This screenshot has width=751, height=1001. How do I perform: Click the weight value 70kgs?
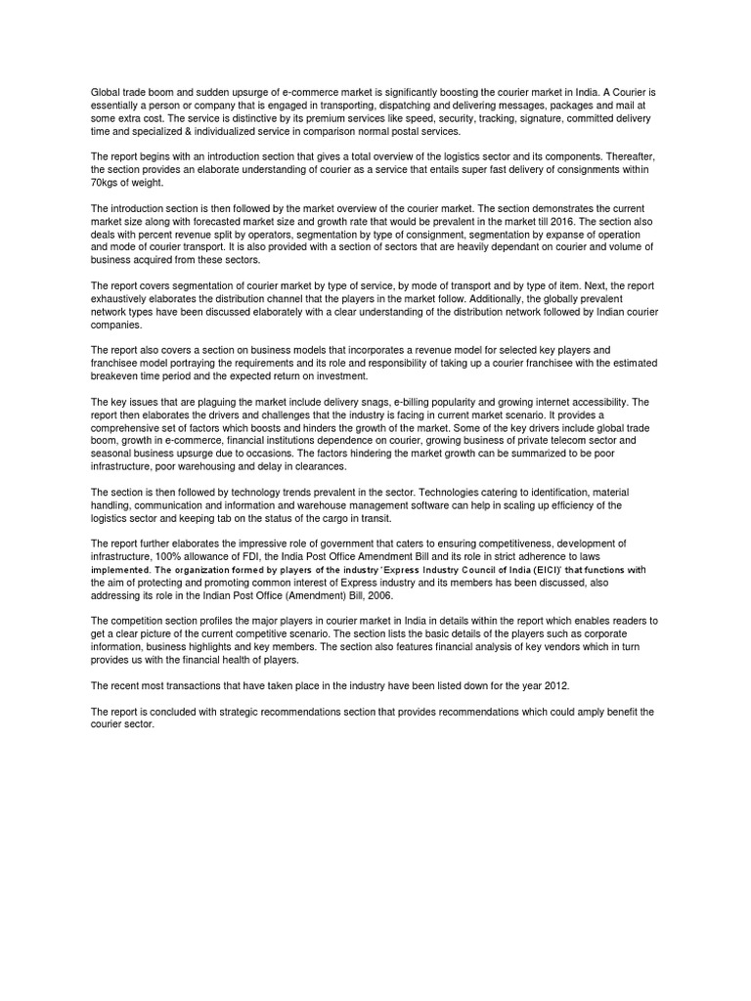tap(106, 183)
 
